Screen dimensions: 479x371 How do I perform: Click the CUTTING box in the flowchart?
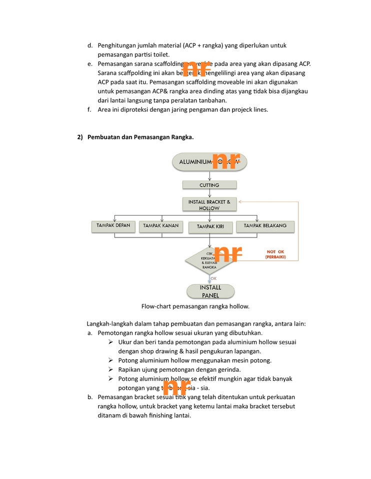[209, 185]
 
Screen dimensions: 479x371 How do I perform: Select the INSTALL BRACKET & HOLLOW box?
[209, 205]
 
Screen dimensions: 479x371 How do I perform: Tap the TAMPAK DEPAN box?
[113, 226]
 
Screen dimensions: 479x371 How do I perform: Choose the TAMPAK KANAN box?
[161, 226]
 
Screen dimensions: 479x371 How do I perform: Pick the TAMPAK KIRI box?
[210, 227]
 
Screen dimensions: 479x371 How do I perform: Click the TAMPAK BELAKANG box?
[265, 226]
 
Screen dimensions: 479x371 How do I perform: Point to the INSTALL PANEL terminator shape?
[210, 291]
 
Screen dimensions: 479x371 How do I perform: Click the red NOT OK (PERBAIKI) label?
[281, 254]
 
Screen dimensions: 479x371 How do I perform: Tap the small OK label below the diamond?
[214, 278]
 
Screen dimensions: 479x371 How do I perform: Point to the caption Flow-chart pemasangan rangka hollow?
[195, 306]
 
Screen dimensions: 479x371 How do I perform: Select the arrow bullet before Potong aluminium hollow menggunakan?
[110, 360]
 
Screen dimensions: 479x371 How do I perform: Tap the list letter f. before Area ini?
[89, 110]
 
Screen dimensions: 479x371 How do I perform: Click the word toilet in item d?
[161, 54]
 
